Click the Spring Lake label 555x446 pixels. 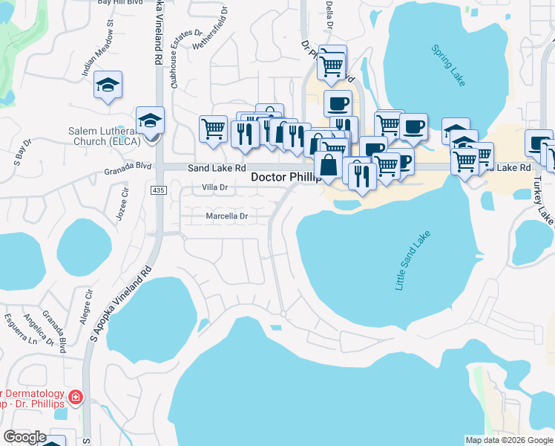449,65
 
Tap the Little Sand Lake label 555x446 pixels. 414,261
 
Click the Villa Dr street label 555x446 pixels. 209,188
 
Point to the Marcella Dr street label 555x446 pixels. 226,216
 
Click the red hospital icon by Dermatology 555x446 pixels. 75,398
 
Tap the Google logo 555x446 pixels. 24,437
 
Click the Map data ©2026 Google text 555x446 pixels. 508,440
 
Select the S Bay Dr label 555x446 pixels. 19,152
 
